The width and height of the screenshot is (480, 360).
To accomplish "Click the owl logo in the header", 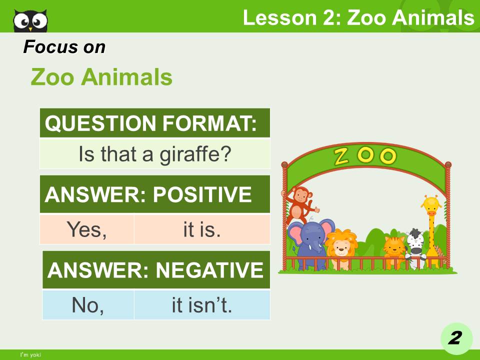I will click(30, 20).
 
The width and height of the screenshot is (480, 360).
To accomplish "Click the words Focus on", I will click(64, 47).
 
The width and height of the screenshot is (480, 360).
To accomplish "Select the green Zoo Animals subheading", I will click(101, 77).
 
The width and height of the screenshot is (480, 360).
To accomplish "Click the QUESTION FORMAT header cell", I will click(155, 123).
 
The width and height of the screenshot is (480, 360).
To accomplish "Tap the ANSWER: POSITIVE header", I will click(155, 194).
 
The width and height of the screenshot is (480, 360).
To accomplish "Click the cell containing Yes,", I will click(87, 229).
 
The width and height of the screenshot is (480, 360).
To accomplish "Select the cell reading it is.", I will click(202, 229).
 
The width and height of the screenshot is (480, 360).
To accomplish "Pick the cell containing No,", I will click(88, 305).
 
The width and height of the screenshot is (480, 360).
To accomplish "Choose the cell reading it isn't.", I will click(202, 305).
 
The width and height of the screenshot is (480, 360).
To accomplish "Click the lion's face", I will click(342, 244).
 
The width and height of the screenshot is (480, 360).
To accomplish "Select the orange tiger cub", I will click(393, 248).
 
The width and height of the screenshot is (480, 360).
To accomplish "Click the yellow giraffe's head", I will click(431, 205).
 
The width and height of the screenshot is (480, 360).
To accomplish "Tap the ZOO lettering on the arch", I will click(365, 156).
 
